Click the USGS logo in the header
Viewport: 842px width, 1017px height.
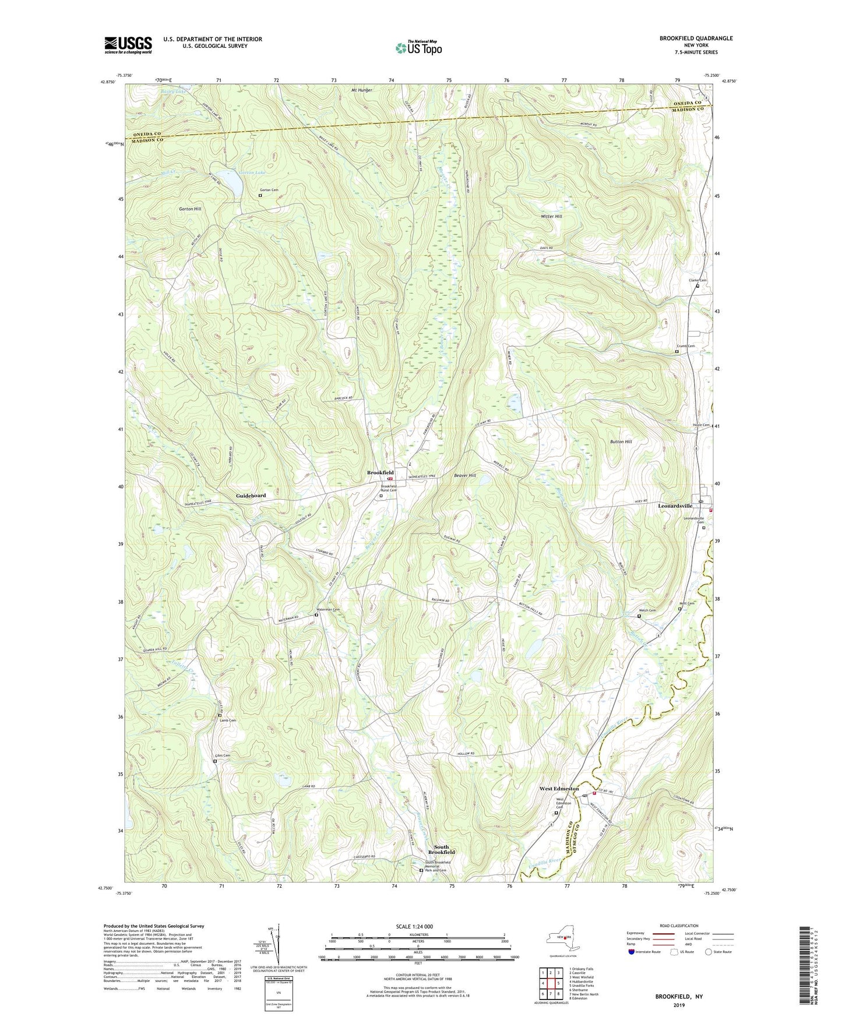tap(128, 45)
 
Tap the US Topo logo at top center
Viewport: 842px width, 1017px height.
tap(418, 48)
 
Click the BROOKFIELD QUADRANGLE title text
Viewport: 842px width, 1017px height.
tap(696, 38)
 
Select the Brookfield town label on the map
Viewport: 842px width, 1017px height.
tap(380, 472)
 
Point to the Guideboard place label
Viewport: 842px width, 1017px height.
tap(251, 496)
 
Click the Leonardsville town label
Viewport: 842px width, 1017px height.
tap(675, 506)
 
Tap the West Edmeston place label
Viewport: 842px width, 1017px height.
tap(559, 789)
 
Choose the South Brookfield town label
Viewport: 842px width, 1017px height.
tap(441, 850)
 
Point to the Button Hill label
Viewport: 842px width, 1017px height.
tap(621, 442)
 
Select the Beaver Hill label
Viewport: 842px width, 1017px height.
tap(464, 476)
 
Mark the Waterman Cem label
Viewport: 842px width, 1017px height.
tap(327, 609)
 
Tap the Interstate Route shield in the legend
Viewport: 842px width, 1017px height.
tap(632, 952)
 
